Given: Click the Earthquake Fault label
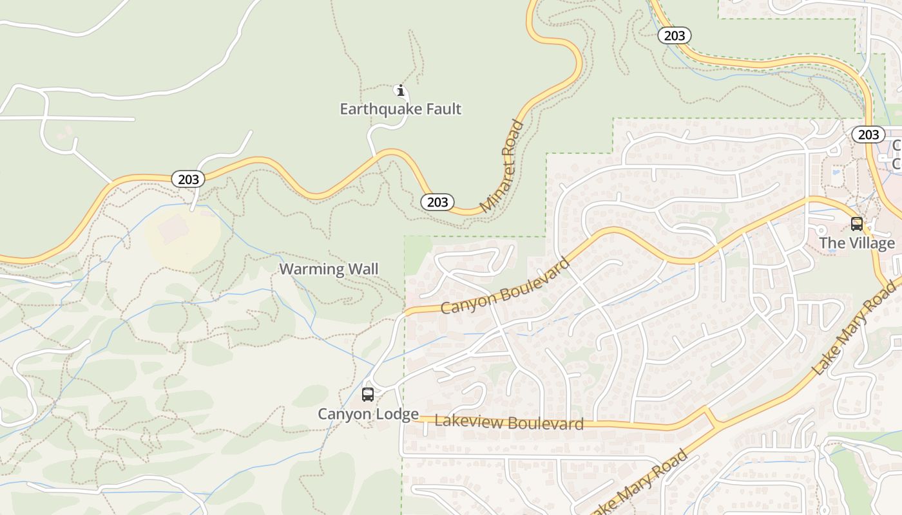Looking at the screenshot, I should coord(400,109).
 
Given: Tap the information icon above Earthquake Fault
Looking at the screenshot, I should coord(400,90).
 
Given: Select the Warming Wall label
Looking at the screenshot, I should coord(329,269).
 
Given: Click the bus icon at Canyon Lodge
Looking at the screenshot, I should coord(368,395).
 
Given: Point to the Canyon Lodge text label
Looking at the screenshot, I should coord(368,414).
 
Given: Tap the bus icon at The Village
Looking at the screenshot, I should coord(857,224).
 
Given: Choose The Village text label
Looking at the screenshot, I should coord(857,243).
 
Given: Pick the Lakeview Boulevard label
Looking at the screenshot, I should coord(509,422).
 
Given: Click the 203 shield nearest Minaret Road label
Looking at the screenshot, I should coord(437,202).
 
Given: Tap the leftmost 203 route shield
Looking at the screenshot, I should coord(188,179).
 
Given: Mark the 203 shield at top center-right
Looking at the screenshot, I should coord(675,35).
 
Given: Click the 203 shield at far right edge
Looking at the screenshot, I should coord(868,135).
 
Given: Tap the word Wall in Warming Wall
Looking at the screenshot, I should coord(363,269).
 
